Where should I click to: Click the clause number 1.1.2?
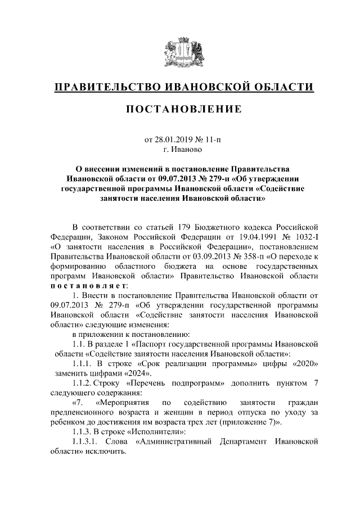[87, 383]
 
